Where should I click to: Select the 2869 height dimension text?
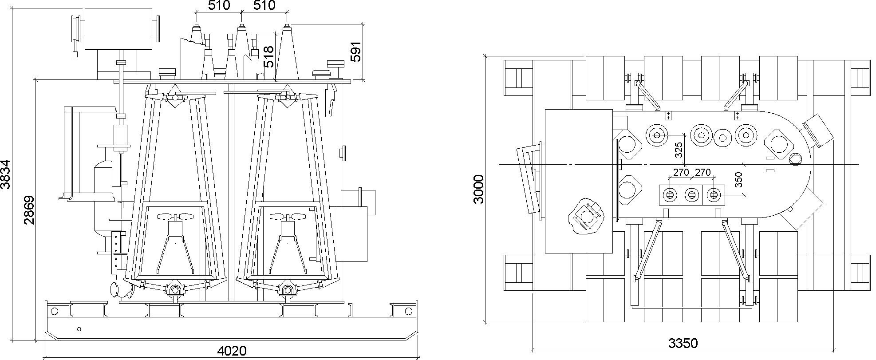point(29,210)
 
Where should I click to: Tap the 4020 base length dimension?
point(232,351)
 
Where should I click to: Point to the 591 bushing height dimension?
point(356,51)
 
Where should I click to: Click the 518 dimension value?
point(268,56)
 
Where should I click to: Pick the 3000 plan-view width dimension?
point(478,189)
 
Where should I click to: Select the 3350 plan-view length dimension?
point(683,343)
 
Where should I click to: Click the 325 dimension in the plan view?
point(679,150)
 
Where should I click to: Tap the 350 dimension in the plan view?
point(738,180)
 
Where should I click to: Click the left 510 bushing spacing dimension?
point(219,6)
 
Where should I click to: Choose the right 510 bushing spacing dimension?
point(264,6)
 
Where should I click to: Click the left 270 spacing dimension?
point(681,172)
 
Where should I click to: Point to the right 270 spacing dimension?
point(703,172)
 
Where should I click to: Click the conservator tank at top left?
point(118,28)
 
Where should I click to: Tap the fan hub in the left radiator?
point(176,217)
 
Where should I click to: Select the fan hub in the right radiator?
point(288,217)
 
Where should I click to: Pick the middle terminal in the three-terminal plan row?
point(691,194)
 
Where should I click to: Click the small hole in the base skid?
point(79,329)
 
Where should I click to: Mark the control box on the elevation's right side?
point(351,234)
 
